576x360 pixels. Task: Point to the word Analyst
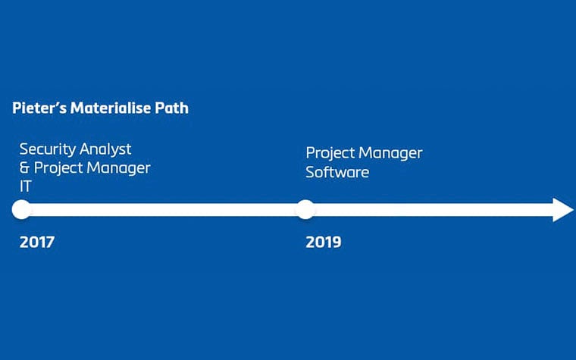point(105,149)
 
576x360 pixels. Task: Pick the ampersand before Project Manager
point(25,167)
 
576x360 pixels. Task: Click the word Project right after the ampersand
point(59,168)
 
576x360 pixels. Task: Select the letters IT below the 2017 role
point(26,186)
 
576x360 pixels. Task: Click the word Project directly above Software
point(331,153)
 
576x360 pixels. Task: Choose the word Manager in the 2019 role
point(392,153)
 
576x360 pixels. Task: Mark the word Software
point(337,172)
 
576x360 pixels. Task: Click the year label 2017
point(37,243)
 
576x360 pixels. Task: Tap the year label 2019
point(324,243)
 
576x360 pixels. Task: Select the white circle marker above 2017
point(22,210)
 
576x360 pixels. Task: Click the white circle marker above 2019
point(305,210)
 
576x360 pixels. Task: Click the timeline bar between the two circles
point(163,210)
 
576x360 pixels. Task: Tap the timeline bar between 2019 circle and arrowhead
point(432,210)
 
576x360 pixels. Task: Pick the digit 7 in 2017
point(50,243)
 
